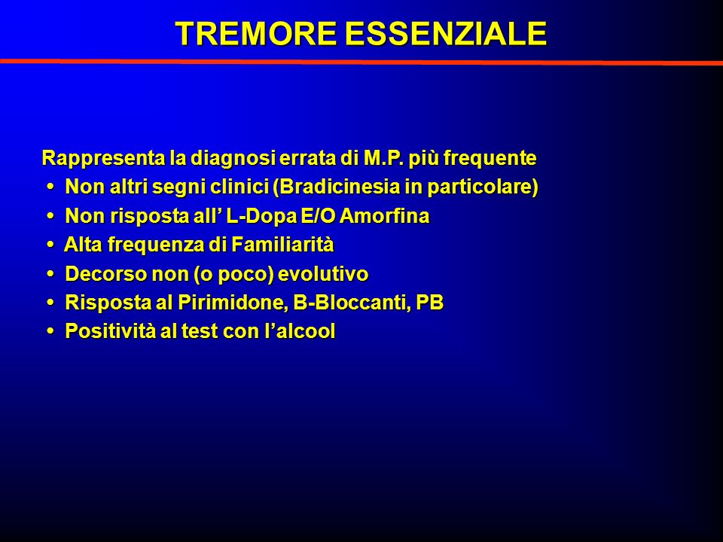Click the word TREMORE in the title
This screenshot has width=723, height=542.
[x=255, y=34]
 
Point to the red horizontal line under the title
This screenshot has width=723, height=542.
[x=361, y=62]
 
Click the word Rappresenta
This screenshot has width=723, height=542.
[x=103, y=158]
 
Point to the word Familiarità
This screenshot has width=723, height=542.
[x=282, y=244]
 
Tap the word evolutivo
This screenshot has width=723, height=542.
[x=323, y=274]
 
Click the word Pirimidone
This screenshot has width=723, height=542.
[x=232, y=303]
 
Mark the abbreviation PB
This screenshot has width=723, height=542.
[x=430, y=303]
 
